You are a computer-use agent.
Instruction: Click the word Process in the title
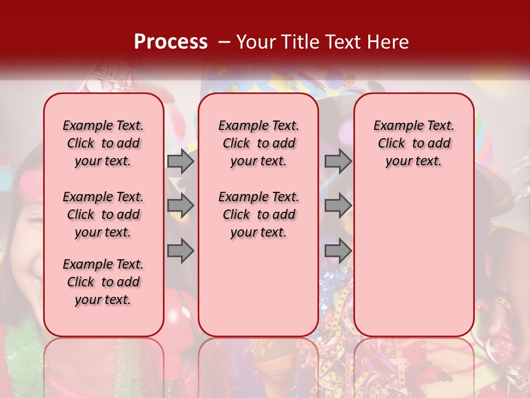click(x=171, y=42)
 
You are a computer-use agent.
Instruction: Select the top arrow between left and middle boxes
click(x=180, y=161)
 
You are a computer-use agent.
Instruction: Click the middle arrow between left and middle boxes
click(x=180, y=206)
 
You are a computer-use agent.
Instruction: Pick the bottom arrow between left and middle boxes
click(x=180, y=250)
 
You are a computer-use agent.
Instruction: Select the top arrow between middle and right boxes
click(x=338, y=161)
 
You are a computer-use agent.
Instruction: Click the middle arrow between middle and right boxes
click(x=338, y=206)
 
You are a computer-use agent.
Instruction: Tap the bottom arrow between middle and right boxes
click(x=338, y=250)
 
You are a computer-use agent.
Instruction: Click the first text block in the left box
click(x=103, y=143)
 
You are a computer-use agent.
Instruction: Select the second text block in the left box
click(x=103, y=214)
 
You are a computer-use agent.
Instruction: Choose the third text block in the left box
click(x=103, y=282)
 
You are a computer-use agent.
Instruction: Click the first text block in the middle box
click(x=258, y=143)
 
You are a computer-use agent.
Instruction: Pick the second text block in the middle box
click(x=258, y=214)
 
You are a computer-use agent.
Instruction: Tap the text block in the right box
click(x=414, y=143)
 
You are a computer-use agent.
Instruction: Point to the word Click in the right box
click(x=391, y=144)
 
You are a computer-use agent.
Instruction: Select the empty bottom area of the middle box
click(x=258, y=293)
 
